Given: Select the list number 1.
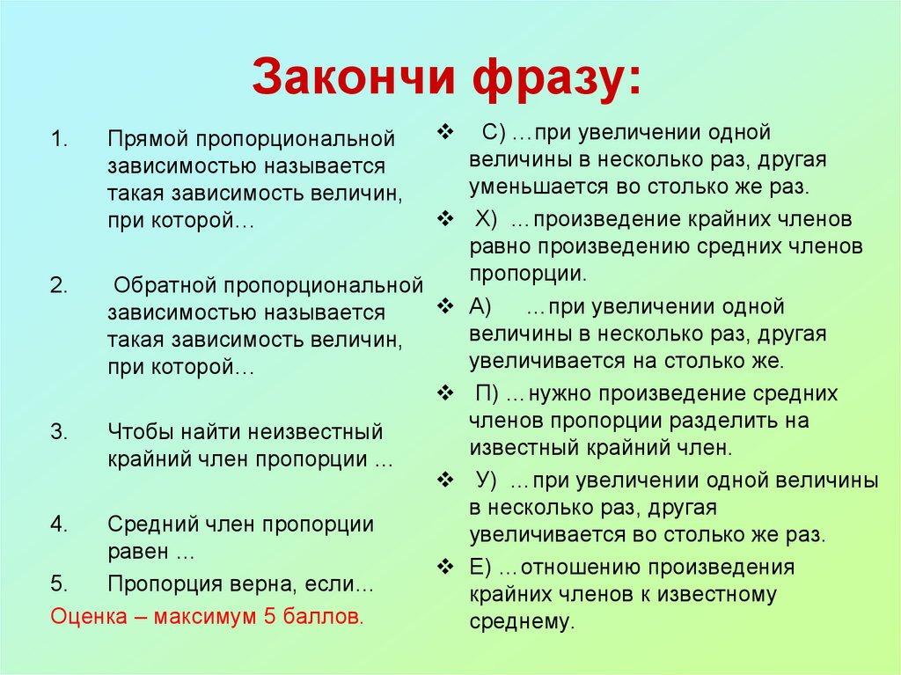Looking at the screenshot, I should pyautogui.click(x=58, y=139).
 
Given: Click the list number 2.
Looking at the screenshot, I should pyautogui.click(x=58, y=286).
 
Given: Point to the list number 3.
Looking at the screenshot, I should pyautogui.click(x=58, y=432).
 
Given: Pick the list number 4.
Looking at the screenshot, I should pyautogui.click(x=58, y=525).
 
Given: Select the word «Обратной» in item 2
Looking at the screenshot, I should pyautogui.click(x=165, y=286).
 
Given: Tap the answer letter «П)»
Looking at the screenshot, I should pyautogui.click(x=487, y=393).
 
